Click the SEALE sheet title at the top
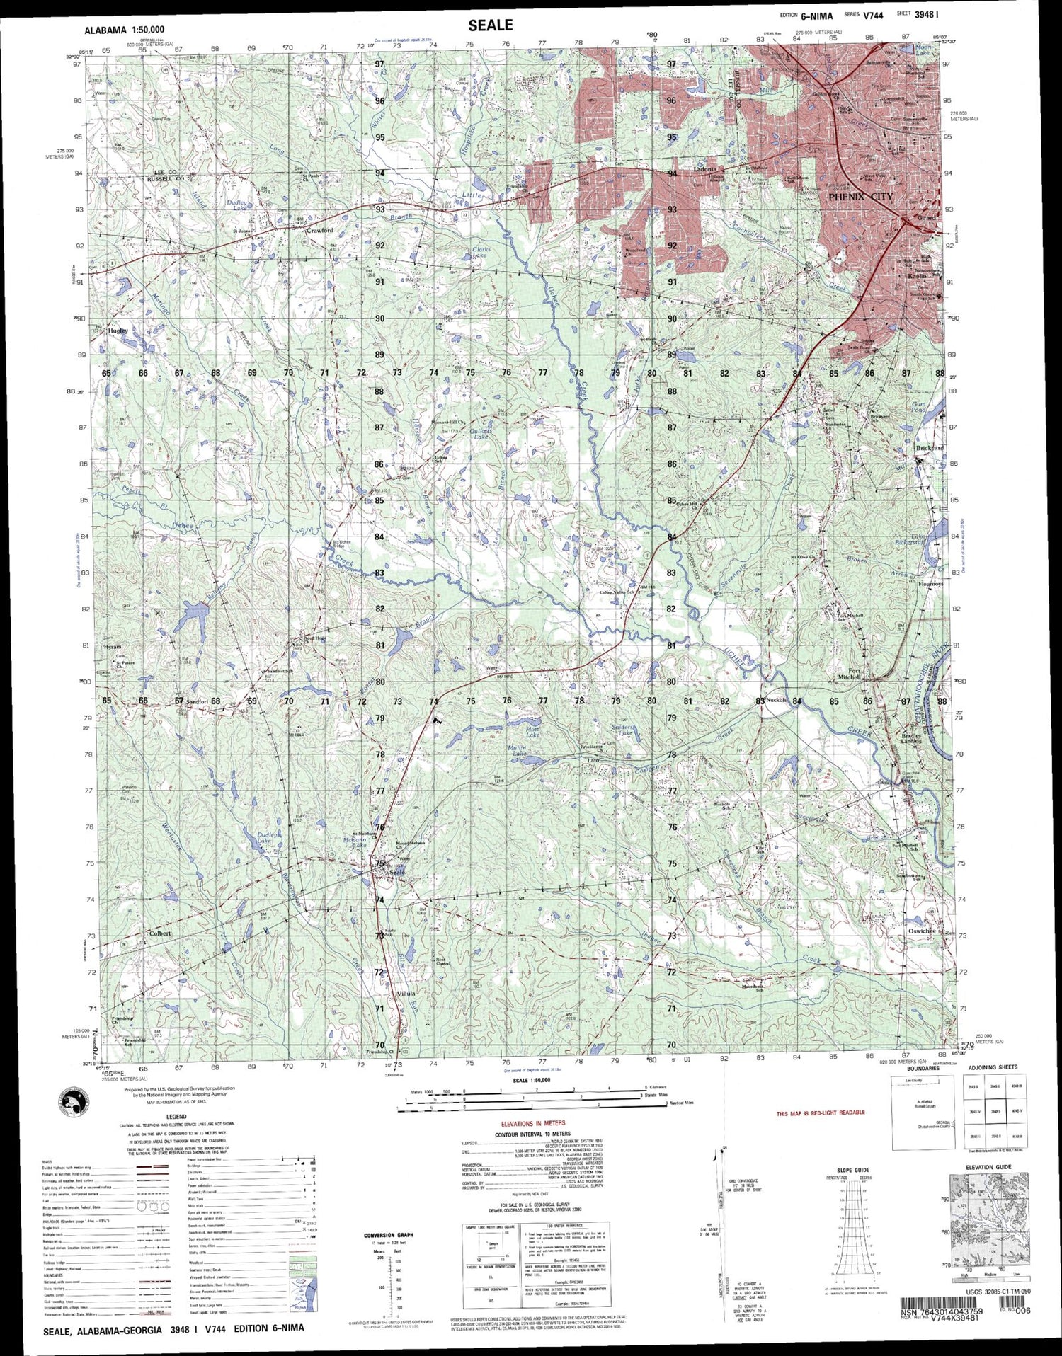490,25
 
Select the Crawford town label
319,230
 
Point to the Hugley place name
118,330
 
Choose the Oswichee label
922,931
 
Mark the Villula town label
405,994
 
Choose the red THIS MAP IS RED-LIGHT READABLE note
821,1113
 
